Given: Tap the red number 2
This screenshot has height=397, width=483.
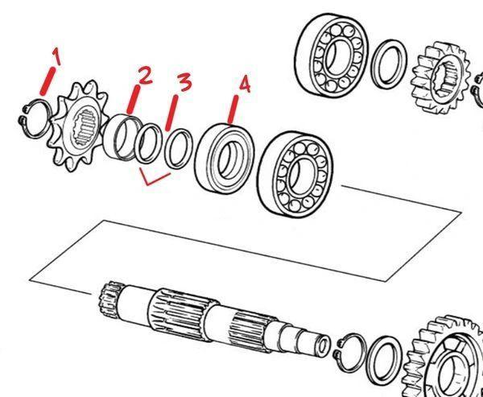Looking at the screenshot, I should (145, 76).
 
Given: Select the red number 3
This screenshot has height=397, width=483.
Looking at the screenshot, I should (185, 83).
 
